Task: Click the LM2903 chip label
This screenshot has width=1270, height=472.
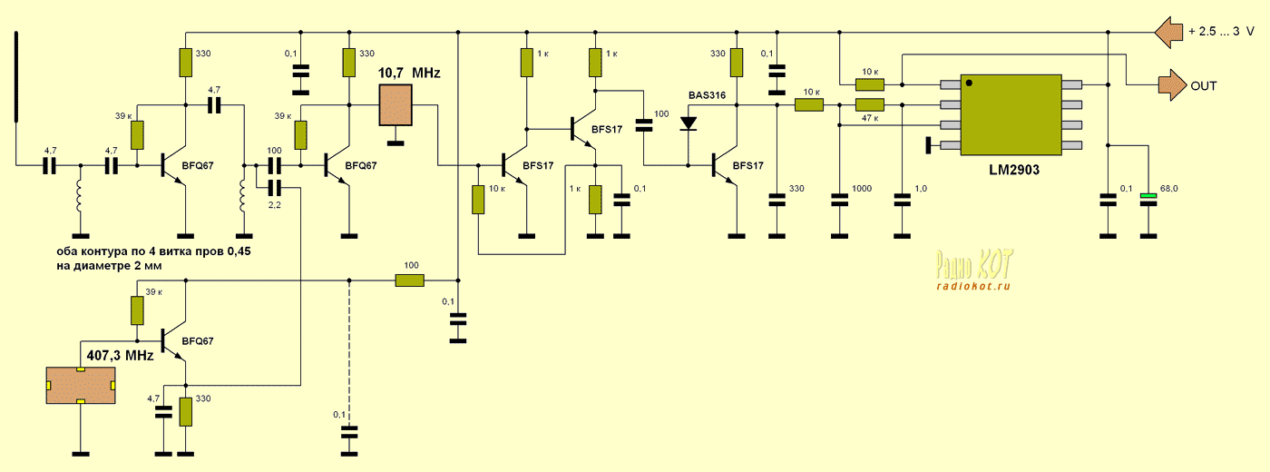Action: pos(1014,170)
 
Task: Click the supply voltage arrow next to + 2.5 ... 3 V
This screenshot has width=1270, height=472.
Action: pos(1168,33)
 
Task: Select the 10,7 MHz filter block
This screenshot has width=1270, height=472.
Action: pos(396,105)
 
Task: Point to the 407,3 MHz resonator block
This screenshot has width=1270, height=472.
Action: pos(81,385)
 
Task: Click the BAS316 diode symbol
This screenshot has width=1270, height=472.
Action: pos(689,123)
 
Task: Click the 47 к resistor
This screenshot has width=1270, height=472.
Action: pos(869,105)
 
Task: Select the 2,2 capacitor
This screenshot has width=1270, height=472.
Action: pos(274,187)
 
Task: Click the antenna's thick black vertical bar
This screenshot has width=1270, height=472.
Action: pos(16,76)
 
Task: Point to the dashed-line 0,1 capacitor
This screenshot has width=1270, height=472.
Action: pos(349,433)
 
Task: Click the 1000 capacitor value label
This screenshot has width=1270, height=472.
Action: pos(861,189)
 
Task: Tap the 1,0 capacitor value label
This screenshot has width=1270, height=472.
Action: pos(920,189)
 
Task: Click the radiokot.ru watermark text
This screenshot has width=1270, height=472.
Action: pos(972,287)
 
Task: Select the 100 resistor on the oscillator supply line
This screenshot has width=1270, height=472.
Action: pos(409,280)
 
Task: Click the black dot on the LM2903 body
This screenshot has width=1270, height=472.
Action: pos(969,83)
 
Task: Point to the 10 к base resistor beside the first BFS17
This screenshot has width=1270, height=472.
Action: pos(478,200)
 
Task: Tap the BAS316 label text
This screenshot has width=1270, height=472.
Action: pos(707,95)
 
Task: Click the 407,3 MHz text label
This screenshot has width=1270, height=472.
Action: pos(120,356)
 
